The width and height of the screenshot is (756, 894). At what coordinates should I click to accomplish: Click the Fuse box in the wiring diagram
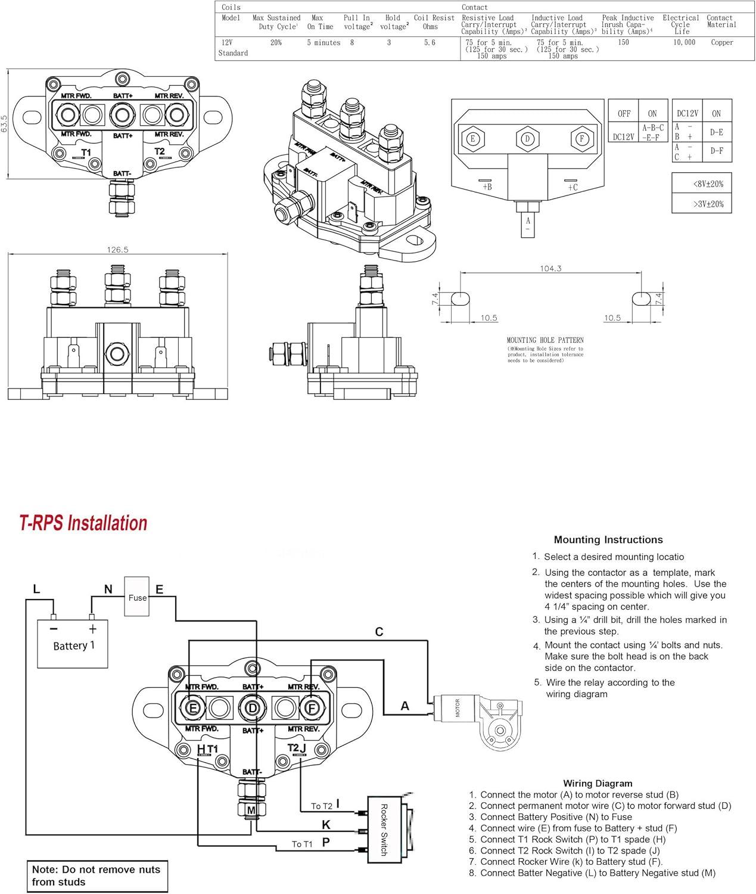pyautogui.click(x=137, y=597)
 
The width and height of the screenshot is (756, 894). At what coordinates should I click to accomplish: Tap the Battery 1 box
pyautogui.click(x=73, y=644)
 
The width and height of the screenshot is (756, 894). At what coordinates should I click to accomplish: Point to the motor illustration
pyautogui.click(x=483, y=718)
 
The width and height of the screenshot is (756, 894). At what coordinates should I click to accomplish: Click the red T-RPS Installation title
pyautogui.click(x=83, y=523)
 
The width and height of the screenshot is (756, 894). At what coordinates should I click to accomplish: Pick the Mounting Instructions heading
pyautogui.click(x=608, y=540)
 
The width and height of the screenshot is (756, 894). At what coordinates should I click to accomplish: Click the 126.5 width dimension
pyautogui.click(x=117, y=250)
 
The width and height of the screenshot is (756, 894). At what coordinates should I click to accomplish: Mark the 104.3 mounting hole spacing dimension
pyautogui.click(x=550, y=269)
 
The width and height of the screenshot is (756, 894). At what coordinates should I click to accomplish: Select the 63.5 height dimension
pyautogui.click(x=5, y=124)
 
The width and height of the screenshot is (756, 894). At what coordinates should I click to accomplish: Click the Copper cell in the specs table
pyautogui.click(x=721, y=43)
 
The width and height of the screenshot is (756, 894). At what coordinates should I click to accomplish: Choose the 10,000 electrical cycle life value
pyautogui.click(x=685, y=43)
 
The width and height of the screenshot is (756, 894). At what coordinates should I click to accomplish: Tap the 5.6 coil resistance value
pyautogui.click(x=430, y=43)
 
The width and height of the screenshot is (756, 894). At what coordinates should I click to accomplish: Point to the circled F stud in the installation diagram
pyautogui.click(x=311, y=708)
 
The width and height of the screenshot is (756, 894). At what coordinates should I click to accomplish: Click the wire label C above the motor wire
pyautogui.click(x=379, y=632)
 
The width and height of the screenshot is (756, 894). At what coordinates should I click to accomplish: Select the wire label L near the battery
pyautogui.click(x=36, y=589)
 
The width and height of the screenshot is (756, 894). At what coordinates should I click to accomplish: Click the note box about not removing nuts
pyautogui.click(x=97, y=876)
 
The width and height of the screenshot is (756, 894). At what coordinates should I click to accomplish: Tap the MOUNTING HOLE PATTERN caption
pyautogui.click(x=545, y=340)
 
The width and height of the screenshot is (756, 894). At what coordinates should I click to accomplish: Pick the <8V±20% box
pyautogui.click(x=702, y=184)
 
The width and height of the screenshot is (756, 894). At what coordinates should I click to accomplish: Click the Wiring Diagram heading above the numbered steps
pyautogui.click(x=598, y=783)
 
